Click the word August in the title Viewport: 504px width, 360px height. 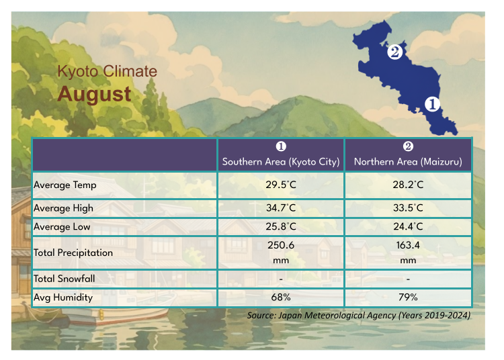pyautogui.click(x=94, y=93)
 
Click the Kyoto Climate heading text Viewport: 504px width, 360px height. pyautogui.click(x=107, y=71)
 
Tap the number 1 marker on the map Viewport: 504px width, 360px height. pyautogui.click(x=431, y=104)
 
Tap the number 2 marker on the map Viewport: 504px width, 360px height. pyautogui.click(x=395, y=51)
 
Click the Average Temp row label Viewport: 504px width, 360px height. pyautogui.click(x=65, y=185)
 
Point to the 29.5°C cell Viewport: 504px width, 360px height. pyautogui.click(x=281, y=185)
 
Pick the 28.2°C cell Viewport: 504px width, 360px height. pyautogui.click(x=408, y=185)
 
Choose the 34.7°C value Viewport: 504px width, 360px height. pyautogui.click(x=281, y=208)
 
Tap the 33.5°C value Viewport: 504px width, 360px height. pyautogui.click(x=408, y=208)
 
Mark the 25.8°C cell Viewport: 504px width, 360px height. pyautogui.click(x=281, y=227)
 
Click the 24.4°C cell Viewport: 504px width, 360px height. pyautogui.click(x=408, y=227)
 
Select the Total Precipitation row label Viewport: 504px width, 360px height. pyautogui.click(x=73, y=253)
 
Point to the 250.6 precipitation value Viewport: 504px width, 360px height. pyautogui.click(x=281, y=246)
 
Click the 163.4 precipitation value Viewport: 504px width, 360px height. pyautogui.click(x=408, y=246)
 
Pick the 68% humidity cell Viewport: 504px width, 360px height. pyautogui.click(x=281, y=297)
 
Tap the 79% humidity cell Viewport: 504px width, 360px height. pyautogui.click(x=408, y=297)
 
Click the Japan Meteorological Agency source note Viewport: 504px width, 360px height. pyautogui.click(x=359, y=315)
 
